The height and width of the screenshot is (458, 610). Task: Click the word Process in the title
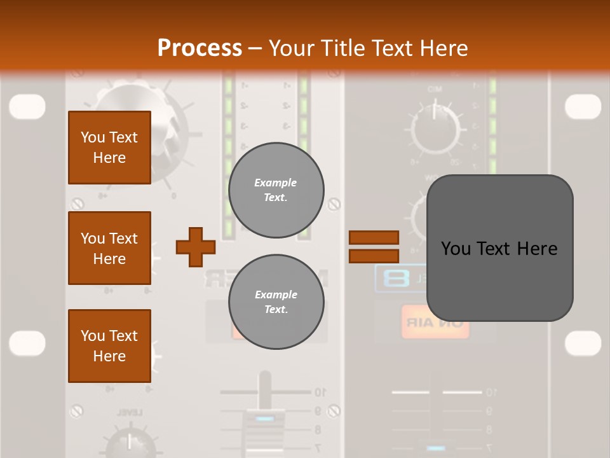pyautogui.click(x=200, y=48)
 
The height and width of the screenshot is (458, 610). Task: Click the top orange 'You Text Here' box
pyautogui.click(x=109, y=148)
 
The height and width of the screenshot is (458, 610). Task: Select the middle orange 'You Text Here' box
pyautogui.click(x=109, y=248)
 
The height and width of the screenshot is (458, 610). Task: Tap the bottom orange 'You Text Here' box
pyautogui.click(x=109, y=346)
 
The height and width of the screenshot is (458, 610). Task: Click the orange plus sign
pyautogui.click(x=196, y=247)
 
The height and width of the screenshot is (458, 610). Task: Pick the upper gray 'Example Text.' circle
pyautogui.click(x=276, y=190)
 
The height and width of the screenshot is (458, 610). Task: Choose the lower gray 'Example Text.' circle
pyautogui.click(x=276, y=302)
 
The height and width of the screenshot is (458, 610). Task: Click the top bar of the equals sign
pyautogui.click(x=374, y=237)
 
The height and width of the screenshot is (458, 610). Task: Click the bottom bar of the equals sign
pyautogui.click(x=374, y=256)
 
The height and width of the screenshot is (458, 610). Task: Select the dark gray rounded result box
pyautogui.click(x=499, y=248)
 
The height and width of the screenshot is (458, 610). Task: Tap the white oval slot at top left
pyautogui.click(x=27, y=106)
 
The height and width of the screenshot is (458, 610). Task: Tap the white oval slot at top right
pyautogui.click(x=583, y=106)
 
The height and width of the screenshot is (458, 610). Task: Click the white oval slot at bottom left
pyautogui.click(x=27, y=343)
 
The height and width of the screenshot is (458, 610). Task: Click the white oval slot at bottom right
pyautogui.click(x=583, y=343)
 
